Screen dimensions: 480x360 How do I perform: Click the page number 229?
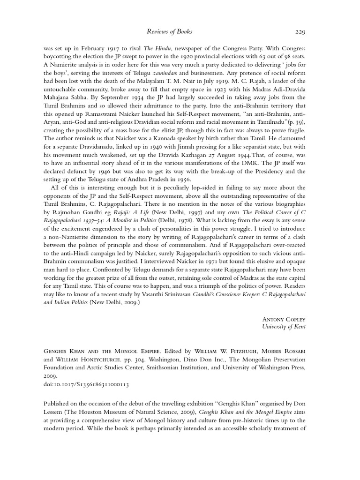[300, 32]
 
